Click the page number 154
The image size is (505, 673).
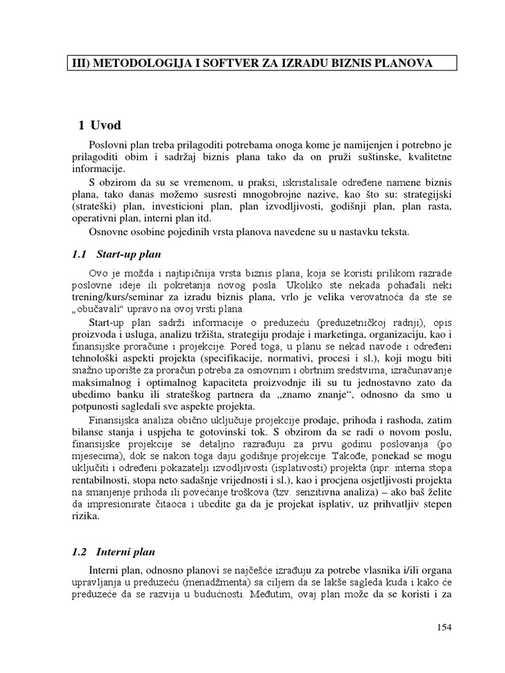click(445, 628)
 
